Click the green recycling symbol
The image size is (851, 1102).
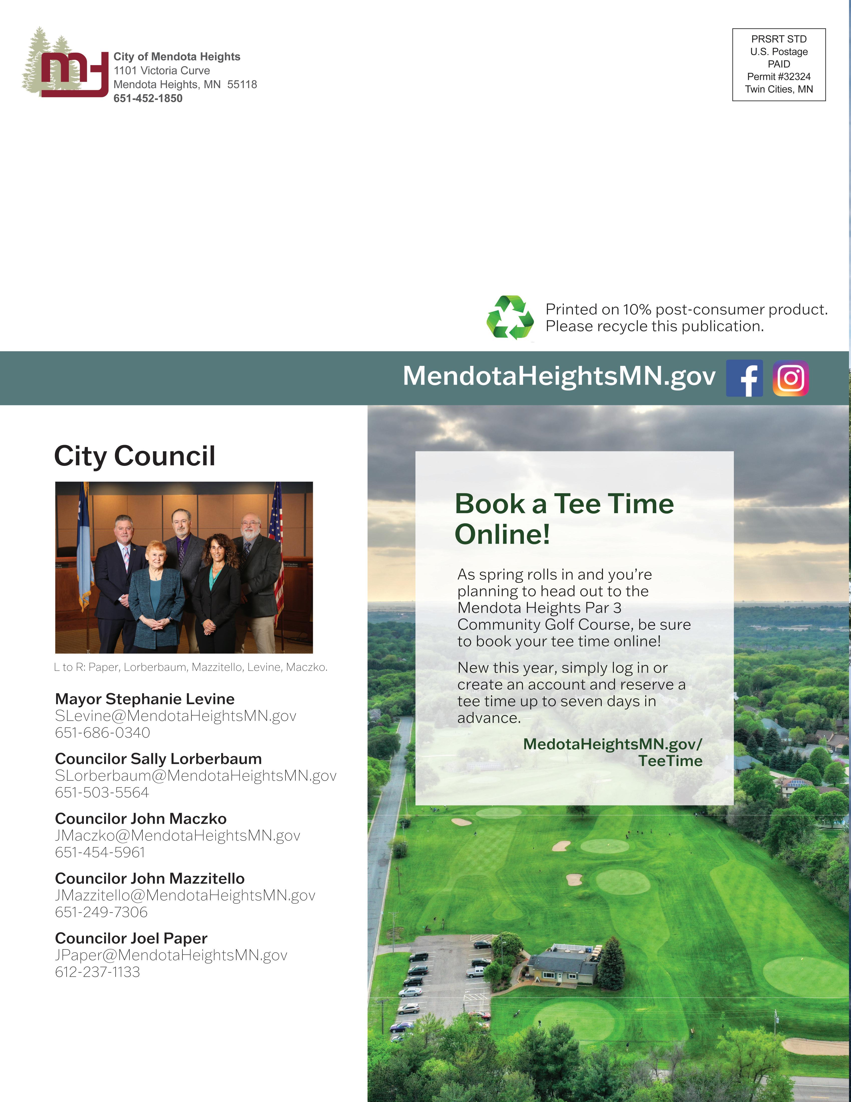pyautogui.click(x=510, y=317)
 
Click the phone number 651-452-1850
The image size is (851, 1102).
pyautogui.click(x=148, y=98)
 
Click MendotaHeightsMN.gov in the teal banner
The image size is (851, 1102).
pyautogui.click(x=559, y=376)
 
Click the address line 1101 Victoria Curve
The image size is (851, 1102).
pyautogui.click(x=161, y=71)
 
